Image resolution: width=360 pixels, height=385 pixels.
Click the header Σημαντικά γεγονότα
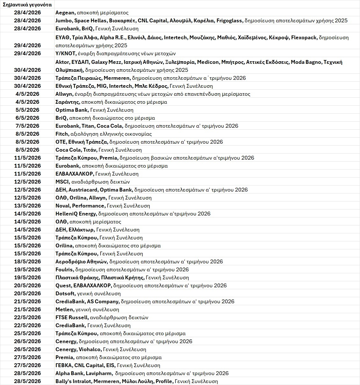[x=27, y=4]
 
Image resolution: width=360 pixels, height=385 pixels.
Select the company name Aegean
[x=65, y=13]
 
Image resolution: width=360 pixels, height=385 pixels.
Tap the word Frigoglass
[x=230, y=21]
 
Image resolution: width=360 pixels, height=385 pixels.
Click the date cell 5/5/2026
[x=27, y=110]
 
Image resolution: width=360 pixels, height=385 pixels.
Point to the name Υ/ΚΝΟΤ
[x=65, y=53]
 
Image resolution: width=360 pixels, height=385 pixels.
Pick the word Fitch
[x=62, y=134]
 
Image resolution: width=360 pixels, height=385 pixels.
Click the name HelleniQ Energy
[x=76, y=214]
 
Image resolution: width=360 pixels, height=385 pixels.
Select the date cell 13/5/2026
[x=27, y=206]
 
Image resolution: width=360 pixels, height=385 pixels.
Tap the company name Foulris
[x=64, y=269]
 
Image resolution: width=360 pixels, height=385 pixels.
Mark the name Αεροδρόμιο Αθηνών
[x=81, y=261]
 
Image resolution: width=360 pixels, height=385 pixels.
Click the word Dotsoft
[x=65, y=293]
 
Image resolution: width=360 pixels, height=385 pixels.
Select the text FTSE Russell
[x=71, y=317]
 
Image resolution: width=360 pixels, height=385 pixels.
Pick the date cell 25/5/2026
[x=27, y=333]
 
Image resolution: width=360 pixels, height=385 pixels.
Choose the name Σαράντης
[x=67, y=102]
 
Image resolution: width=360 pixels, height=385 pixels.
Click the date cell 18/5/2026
[x=27, y=261]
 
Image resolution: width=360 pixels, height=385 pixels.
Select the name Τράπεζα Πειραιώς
[x=76, y=78]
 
